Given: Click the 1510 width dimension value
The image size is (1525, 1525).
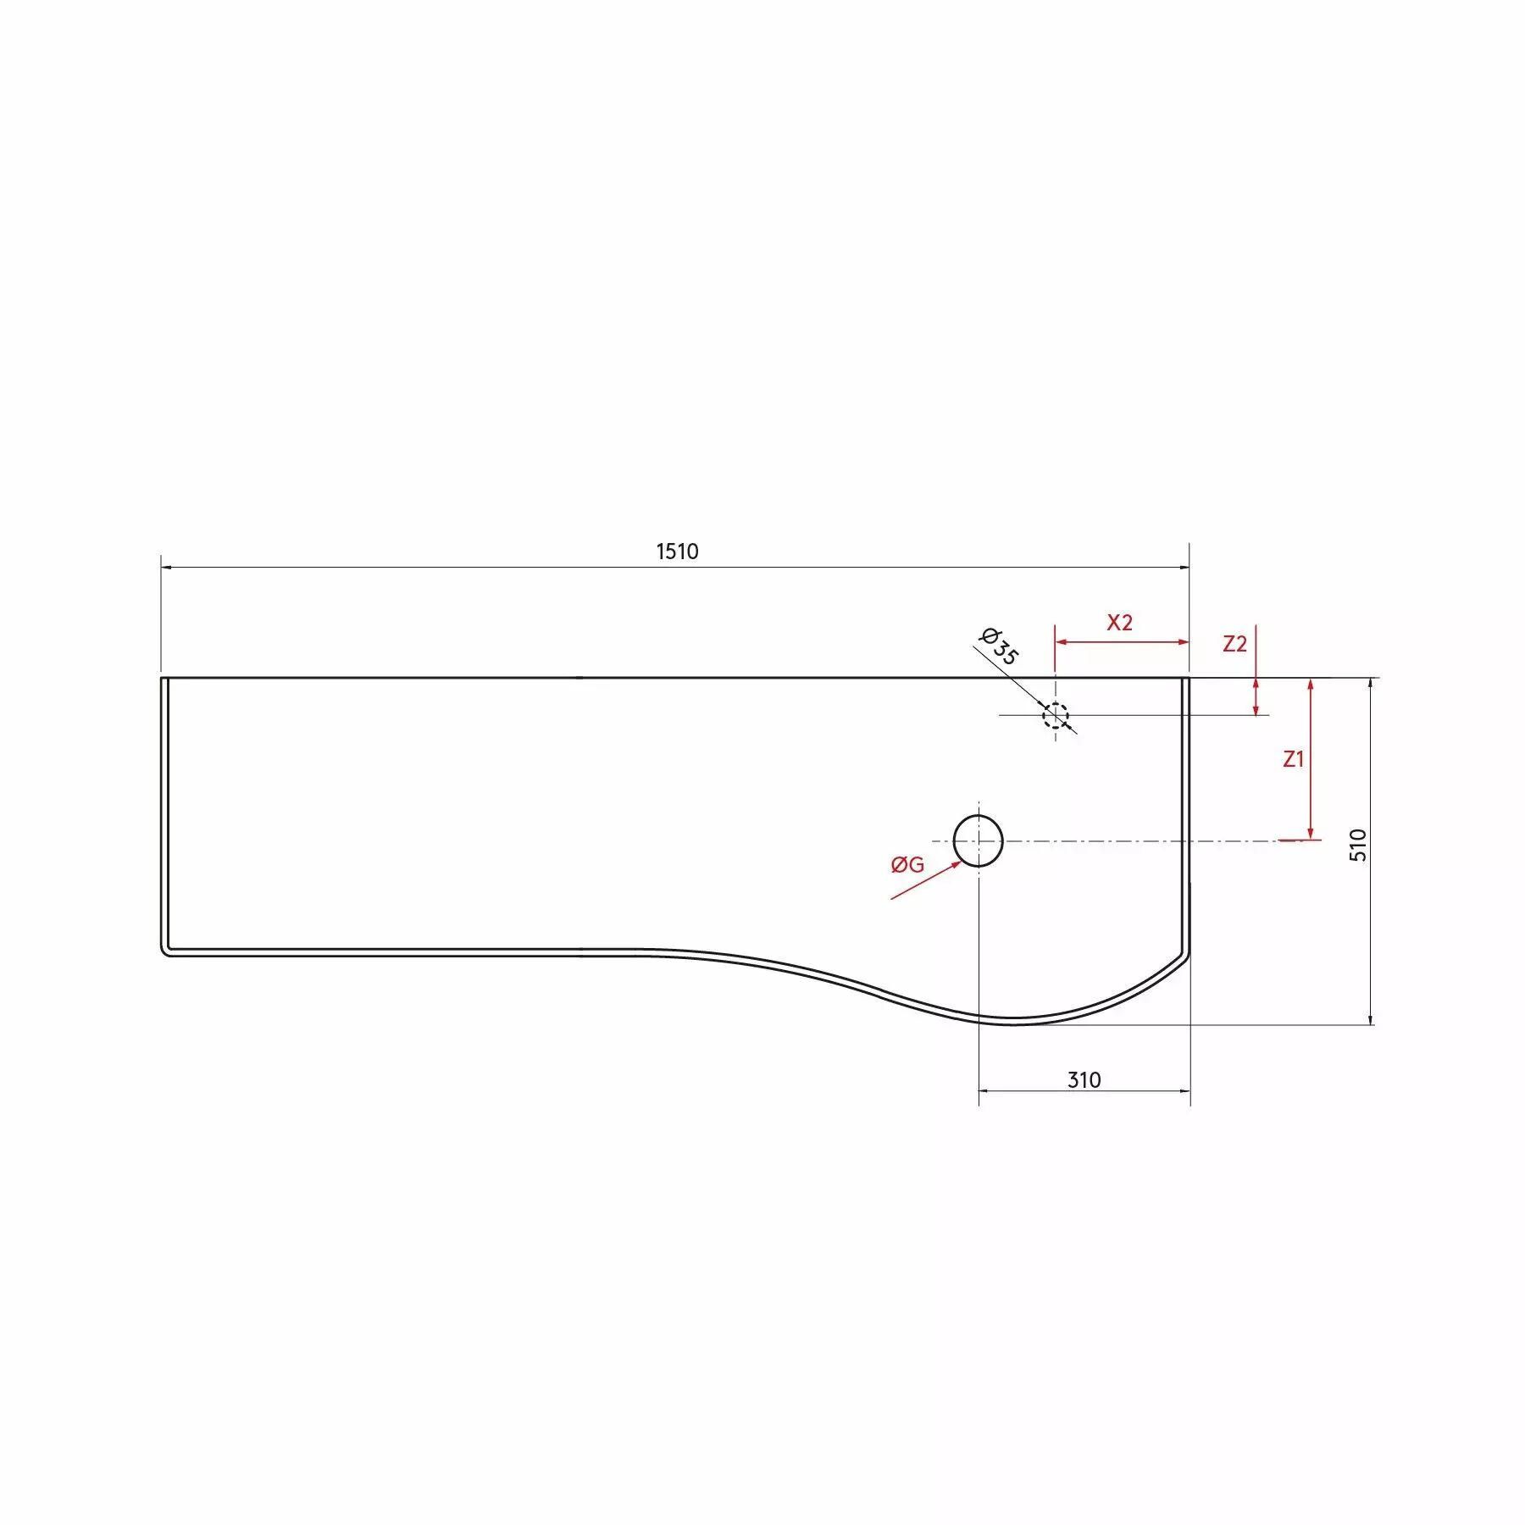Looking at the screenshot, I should click(677, 552).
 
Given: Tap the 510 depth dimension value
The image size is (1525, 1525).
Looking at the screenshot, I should click(1358, 845).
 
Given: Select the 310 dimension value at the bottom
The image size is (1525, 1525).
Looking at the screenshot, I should click(1084, 1079).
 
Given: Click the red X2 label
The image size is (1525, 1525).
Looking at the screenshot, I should click(1119, 623).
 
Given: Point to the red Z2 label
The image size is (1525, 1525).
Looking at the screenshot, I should click(1234, 644).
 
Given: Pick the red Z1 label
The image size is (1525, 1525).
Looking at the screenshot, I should click(1293, 759).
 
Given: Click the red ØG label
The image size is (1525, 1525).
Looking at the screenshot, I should click(907, 864).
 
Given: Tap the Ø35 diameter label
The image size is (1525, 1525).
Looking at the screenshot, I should click(1000, 646).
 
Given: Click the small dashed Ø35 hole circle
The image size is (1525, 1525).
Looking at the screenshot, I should click(1055, 715).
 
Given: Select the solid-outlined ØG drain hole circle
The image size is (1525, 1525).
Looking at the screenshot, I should click(979, 840).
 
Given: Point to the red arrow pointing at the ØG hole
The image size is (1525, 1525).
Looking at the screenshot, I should click(925, 880).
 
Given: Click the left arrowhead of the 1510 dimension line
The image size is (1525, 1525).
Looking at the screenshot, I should click(166, 567).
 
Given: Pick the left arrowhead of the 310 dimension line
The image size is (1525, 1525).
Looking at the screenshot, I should click(984, 1091).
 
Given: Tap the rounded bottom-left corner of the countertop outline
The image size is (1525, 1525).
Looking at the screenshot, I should click(165, 951).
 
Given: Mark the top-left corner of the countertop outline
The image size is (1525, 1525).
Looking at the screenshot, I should click(162, 678).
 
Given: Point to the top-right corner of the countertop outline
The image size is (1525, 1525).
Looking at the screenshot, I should click(1189, 678).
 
